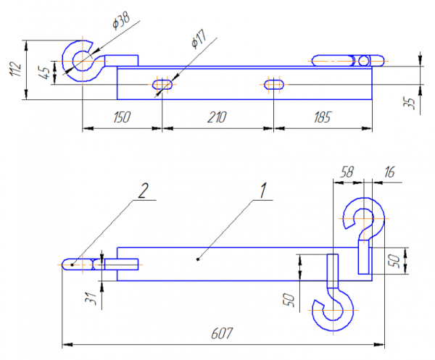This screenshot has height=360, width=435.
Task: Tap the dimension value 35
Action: [410, 101]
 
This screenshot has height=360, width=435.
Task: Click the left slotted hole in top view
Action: [161, 85]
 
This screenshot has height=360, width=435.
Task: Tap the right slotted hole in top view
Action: [273, 85]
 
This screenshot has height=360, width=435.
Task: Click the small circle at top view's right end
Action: [362, 60]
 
